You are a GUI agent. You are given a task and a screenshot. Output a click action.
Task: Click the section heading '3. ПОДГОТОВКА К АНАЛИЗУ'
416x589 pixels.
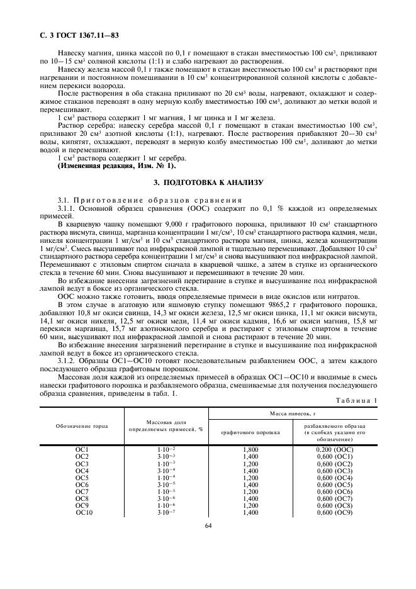208,182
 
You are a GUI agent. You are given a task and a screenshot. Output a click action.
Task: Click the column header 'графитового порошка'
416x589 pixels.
250,433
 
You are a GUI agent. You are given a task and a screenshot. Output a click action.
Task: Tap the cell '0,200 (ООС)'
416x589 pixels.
335,449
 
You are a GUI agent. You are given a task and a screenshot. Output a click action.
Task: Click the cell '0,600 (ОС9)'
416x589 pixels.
335,513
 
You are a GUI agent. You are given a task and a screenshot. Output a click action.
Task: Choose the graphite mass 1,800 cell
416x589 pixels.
250,449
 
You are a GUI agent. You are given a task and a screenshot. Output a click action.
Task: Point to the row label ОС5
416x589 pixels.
82,478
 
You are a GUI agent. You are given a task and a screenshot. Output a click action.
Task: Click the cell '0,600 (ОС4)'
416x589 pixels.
335,478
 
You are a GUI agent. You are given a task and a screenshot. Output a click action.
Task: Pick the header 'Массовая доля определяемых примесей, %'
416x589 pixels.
166,425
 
